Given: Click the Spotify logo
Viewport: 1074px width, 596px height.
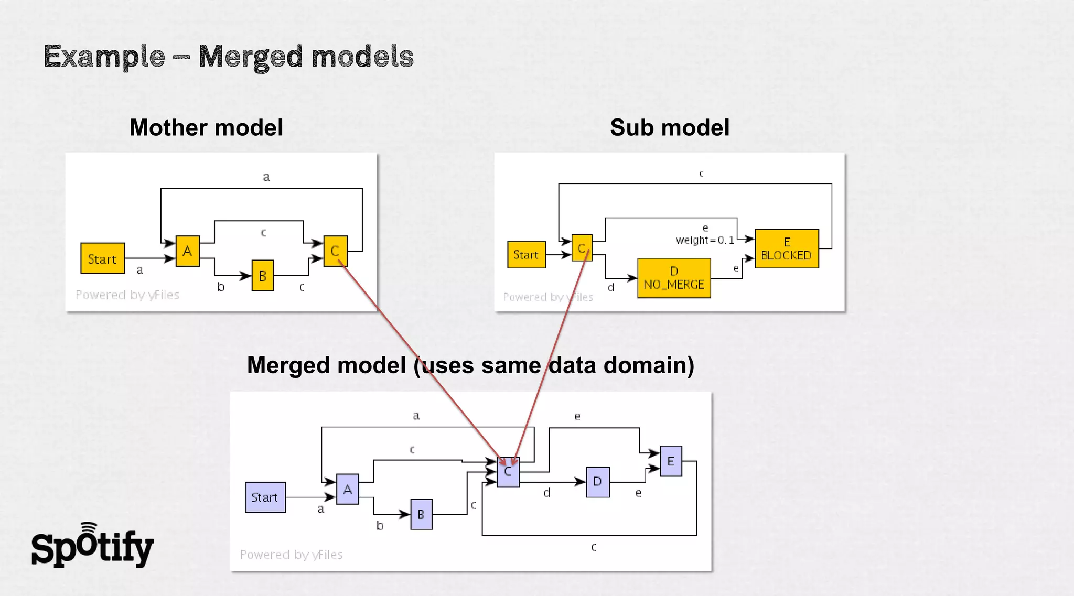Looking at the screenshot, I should pos(92,546).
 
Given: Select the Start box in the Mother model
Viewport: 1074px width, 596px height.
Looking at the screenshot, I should pos(102,258).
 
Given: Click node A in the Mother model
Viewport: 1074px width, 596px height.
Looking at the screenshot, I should pos(187,251).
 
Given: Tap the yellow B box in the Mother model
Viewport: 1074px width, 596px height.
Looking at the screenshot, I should pos(262,276).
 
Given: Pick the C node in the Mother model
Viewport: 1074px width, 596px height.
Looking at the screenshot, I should pos(335,251).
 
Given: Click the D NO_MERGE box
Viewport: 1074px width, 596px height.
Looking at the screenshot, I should pos(674,278).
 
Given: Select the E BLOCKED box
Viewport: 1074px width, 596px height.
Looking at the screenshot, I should pos(786,249).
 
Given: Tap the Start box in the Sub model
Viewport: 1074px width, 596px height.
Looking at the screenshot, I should pos(526,255).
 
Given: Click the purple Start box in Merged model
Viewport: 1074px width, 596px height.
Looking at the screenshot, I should pos(265,497).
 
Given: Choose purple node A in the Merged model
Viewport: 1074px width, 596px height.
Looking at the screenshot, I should pos(348,490).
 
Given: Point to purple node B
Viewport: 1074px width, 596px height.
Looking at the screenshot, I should pos(421,515).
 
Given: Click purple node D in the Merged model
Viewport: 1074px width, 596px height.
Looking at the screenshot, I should pos(597,482).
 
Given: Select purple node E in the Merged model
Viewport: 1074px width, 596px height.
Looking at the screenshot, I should pos(671,461).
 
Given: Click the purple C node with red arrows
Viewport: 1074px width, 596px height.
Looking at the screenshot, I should pos(508,472).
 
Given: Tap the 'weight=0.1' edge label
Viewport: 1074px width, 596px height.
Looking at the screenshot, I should pos(705,240).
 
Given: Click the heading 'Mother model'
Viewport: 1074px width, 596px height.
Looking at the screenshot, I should pos(206,127).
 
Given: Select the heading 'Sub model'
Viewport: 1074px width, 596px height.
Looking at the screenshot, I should pos(670,127).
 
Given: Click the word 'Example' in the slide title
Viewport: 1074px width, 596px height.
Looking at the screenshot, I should pos(104,57).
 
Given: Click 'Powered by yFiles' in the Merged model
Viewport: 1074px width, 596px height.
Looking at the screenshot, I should pos(291,555).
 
